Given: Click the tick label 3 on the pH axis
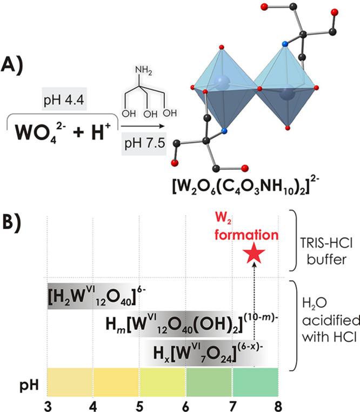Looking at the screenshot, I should click(x=48, y=403).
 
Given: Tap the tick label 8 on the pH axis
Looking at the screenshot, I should click(x=278, y=403).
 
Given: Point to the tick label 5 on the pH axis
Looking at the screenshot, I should click(x=140, y=403).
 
